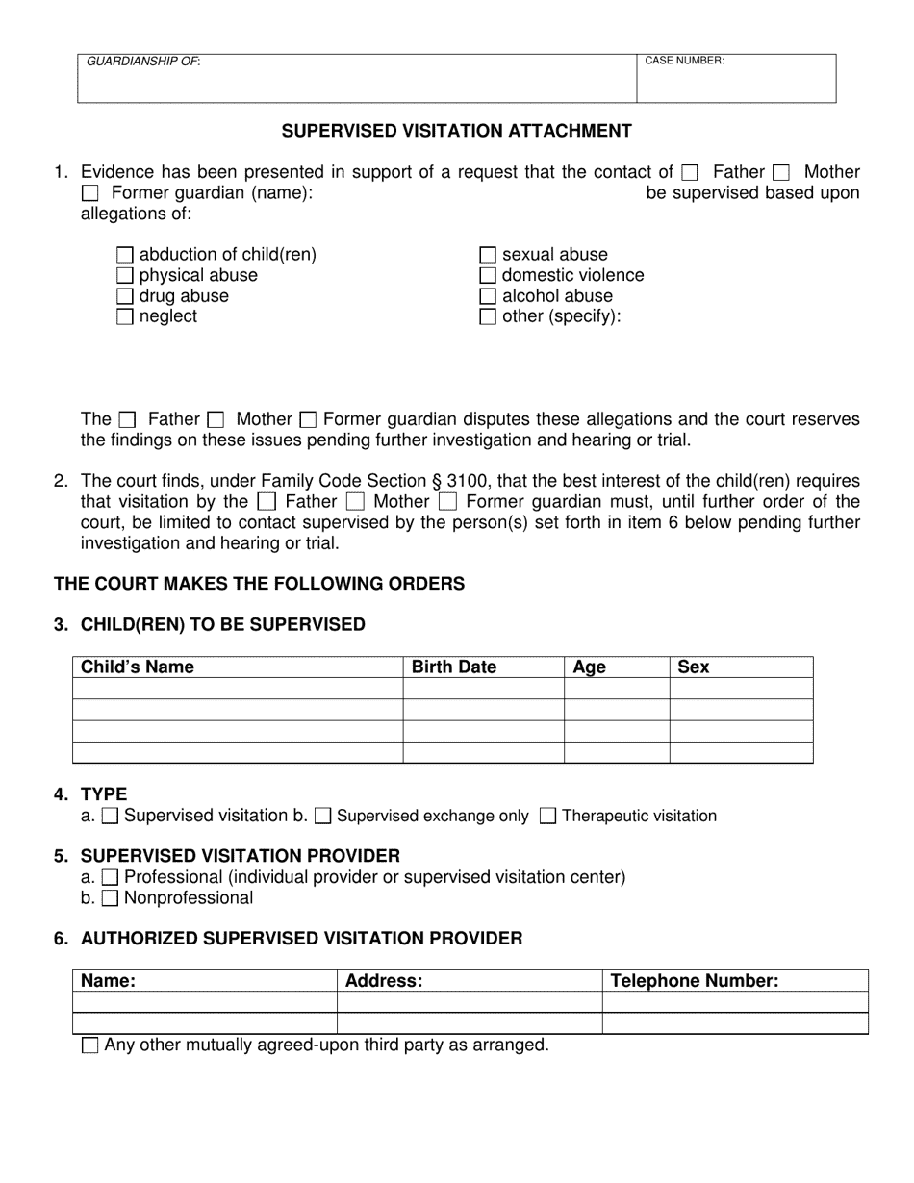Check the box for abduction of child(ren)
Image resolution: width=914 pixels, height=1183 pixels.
(x=124, y=255)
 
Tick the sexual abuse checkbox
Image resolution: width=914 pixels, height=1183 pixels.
(x=488, y=255)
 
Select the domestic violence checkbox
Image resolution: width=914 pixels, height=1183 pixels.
(x=488, y=276)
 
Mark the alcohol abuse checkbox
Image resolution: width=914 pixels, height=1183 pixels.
(x=488, y=296)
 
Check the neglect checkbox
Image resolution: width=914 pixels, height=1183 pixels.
(x=124, y=316)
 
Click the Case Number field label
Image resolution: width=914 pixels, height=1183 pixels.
(x=684, y=61)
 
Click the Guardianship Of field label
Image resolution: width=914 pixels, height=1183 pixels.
(x=143, y=62)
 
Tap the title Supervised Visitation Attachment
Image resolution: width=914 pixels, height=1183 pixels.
(x=456, y=131)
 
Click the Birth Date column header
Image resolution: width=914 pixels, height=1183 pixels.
(x=453, y=667)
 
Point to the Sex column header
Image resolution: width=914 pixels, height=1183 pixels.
(x=693, y=667)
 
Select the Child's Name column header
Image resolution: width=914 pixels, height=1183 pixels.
(x=138, y=667)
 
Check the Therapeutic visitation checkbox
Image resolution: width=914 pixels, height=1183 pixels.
(x=547, y=817)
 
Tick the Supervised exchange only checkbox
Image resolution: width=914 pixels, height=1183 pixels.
(x=323, y=817)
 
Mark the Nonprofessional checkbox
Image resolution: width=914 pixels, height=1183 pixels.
(x=110, y=898)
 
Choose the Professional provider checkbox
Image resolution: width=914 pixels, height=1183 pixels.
(x=110, y=877)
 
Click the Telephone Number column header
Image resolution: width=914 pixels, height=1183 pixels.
(x=694, y=981)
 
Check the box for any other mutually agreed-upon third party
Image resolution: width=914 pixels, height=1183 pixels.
(x=90, y=1045)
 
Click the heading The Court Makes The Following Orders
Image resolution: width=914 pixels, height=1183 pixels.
(x=259, y=584)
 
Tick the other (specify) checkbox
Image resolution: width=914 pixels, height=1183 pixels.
(x=488, y=316)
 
